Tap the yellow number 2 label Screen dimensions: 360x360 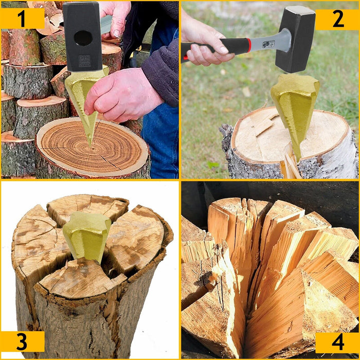[x=337, y=19]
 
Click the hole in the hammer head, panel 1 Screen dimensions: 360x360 [x=83, y=38]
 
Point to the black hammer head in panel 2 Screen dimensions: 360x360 [x=295, y=38]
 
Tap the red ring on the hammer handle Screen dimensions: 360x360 [x=250, y=45]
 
